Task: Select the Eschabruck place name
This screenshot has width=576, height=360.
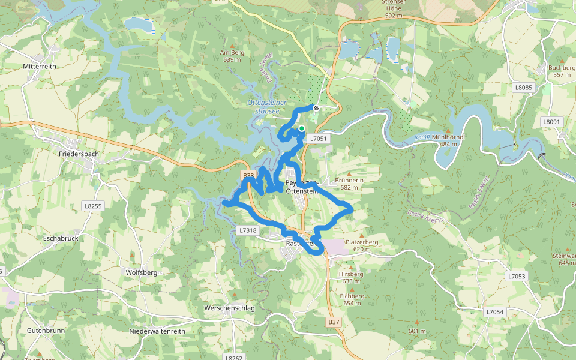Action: [x=61, y=238]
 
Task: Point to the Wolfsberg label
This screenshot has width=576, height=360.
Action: [x=141, y=272]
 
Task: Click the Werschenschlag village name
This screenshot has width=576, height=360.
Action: [x=229, y=308]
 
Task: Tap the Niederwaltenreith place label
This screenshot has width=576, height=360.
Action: [x=157, y=331]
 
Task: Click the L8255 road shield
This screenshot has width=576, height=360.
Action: [x=93, y=206]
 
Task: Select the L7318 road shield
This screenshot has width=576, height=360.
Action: [x=248, y=230]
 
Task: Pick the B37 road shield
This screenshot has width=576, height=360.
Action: [x=334, y=322]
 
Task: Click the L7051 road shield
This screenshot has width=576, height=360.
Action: [x=318, y=139]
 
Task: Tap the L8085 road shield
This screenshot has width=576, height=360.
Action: [x=523, y=88]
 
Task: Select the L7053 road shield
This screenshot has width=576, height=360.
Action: [x=516, y=277]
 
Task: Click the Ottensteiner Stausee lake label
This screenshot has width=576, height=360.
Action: [x=268, y=107]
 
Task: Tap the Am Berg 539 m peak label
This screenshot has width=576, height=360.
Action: [x=232, y=56]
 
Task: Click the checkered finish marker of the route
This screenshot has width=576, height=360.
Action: [x=316, y=108]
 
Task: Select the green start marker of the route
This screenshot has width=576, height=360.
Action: [x=302, y=128]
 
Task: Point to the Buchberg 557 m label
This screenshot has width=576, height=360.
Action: [x=562, y=71]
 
